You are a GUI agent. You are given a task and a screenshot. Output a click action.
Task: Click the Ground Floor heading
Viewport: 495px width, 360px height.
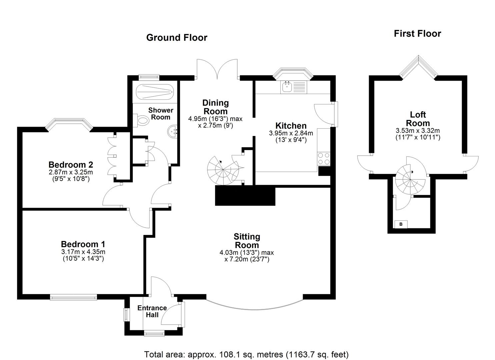[x=177, y=38]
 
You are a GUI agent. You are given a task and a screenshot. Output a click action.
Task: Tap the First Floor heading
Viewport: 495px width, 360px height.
[x=417, y=34]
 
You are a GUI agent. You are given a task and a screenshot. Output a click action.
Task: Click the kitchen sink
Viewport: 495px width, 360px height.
[x=287, y=87]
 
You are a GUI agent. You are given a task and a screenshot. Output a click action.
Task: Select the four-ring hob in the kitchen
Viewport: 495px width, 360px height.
[x=324, y=158]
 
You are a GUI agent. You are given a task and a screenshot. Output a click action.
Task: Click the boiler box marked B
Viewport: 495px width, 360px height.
[x=401, y=224]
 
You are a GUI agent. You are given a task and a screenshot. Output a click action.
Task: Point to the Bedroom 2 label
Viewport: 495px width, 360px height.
[x=71, y=165]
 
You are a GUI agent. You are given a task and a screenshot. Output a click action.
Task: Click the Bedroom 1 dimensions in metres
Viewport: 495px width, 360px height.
[x=83, y=252]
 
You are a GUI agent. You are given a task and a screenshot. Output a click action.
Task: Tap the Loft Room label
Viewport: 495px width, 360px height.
[x=418, y=119]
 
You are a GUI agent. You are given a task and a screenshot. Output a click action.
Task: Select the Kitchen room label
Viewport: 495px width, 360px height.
[x=291, y=126]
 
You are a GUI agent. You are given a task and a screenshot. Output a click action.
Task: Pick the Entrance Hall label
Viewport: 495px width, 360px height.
[x=152, y=311]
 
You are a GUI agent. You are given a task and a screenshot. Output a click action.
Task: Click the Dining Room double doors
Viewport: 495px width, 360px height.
[x=217, y=69]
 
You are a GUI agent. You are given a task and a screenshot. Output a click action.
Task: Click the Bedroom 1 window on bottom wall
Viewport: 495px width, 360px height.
[x=73, y=297]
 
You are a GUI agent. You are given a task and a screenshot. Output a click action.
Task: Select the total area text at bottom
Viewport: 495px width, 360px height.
[x=246, y=354]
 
